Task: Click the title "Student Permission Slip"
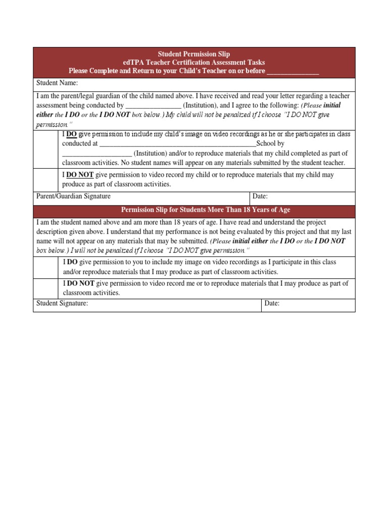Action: [194, 54]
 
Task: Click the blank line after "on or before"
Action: [293, 71]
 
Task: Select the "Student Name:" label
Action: [57, 83]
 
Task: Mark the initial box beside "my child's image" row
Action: [46, 148]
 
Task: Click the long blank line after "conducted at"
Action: [177, 143]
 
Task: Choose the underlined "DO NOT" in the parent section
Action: [80, 175]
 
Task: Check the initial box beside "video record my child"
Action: [46, 180]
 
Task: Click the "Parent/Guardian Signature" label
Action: [74, 196]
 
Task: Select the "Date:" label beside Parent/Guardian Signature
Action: [260, 196]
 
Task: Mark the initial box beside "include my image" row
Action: [46, 267]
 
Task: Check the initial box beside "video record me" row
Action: [46, 288]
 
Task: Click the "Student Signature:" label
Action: [62, 303]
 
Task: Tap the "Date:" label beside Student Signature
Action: [272, 303]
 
